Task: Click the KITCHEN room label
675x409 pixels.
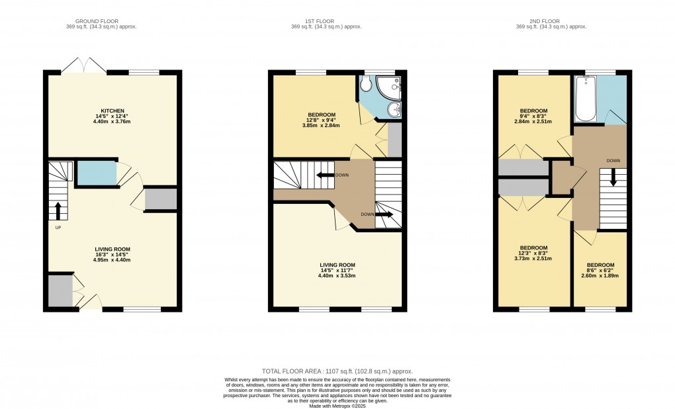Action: click(x=112, y=111)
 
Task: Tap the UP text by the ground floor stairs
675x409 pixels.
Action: click(x=58, y=228)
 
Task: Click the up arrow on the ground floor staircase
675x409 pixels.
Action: click(x=58, y=210)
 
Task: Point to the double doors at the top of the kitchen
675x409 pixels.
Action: click(x=83, y=66)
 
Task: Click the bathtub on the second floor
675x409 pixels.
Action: click(x=586, y=99)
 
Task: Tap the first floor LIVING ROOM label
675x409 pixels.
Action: click(x=338, y=265)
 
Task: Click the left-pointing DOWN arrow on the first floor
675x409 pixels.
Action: click(x=324, y=175)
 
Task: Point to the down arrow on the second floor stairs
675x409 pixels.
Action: click(x=613, y=177)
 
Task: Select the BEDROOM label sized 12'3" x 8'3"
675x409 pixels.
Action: click(x=533, y=248)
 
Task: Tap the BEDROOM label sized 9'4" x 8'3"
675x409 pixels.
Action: click(x=533, y=111)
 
